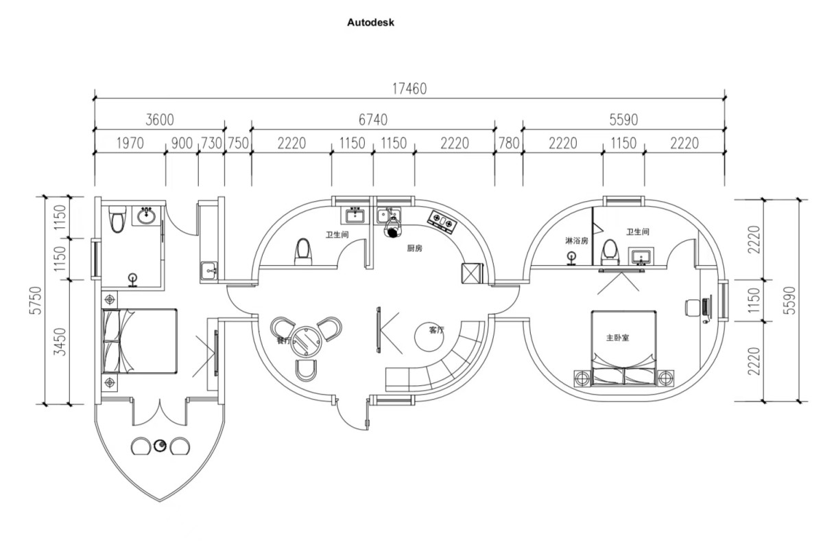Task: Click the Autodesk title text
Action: pos(371,22)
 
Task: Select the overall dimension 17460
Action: pos(409,89)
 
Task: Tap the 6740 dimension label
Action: pos(372,119)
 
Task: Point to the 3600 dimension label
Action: pos(159,119)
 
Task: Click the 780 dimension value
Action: pos(508,143)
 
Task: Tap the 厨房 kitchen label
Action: pos(414,249)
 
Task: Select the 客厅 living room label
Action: pos(437,330)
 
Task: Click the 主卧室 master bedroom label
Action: pos(617,338)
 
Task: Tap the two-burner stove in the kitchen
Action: pos(442,220)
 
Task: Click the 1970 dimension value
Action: pos(130,143)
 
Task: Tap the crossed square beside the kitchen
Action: pos(473,273)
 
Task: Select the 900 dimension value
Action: pos(181,143)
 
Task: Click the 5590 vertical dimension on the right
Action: pos(789,299)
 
